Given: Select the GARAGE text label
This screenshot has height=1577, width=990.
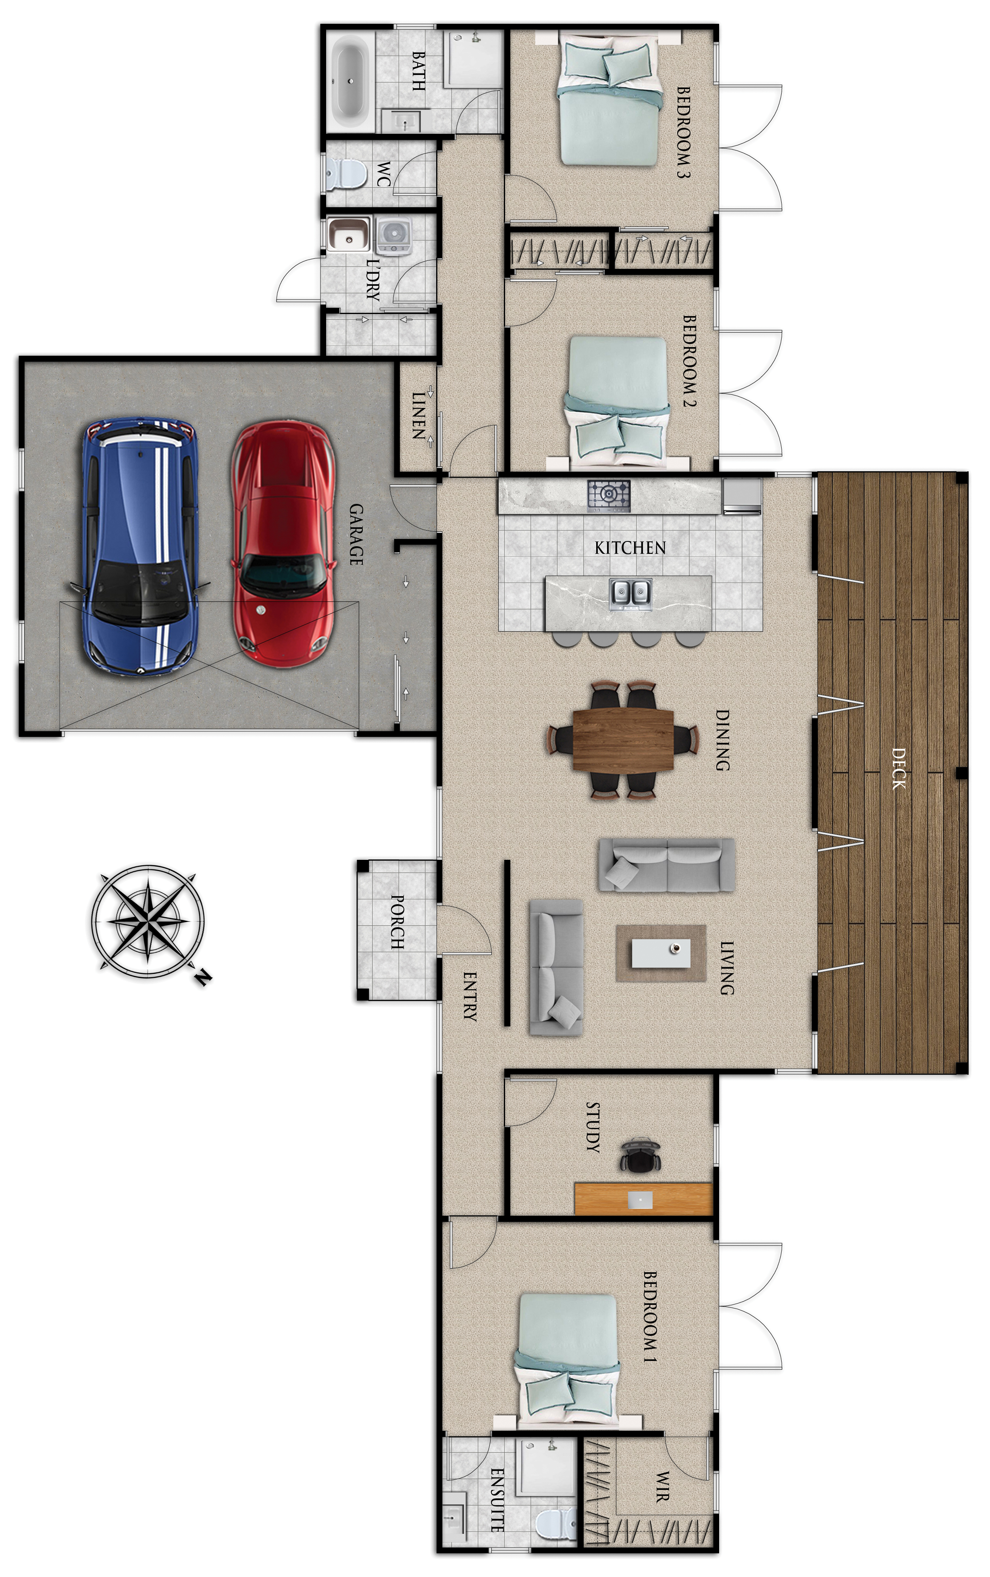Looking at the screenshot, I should coord(356,533).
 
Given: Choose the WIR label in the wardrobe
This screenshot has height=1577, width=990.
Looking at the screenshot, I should coord(663,1487).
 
